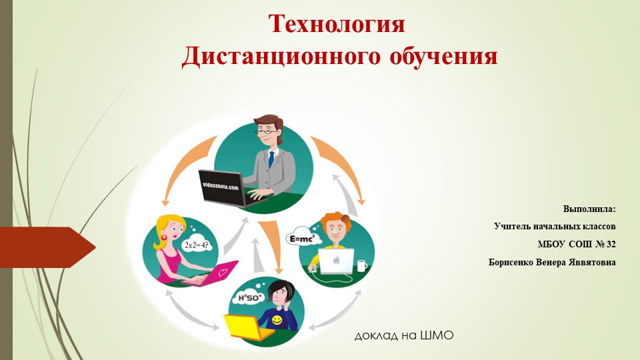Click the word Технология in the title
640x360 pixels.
tap(337, 24)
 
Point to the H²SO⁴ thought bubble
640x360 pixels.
tap(245, 297)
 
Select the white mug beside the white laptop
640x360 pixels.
tap(361, 265)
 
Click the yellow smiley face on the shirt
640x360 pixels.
tap(275, 321)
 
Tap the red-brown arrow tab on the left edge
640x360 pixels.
tap(47, 247)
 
